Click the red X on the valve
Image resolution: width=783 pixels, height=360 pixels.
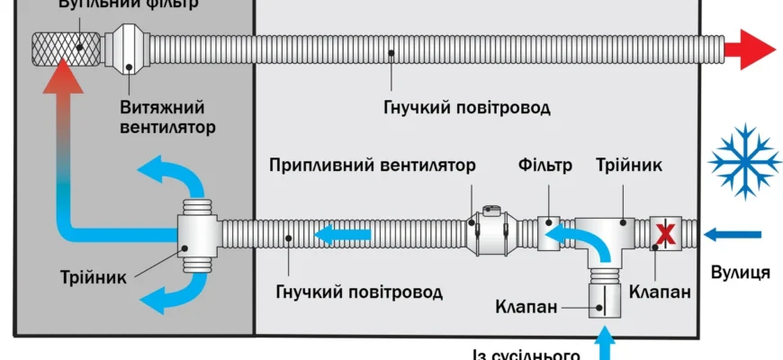667,234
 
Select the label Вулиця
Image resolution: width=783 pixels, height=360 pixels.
739,272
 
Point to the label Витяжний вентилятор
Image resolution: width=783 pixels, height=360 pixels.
167,118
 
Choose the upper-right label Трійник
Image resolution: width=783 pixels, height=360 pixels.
629,166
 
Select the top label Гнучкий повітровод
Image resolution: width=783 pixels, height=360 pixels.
466,108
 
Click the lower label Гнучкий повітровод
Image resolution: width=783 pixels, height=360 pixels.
359,292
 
